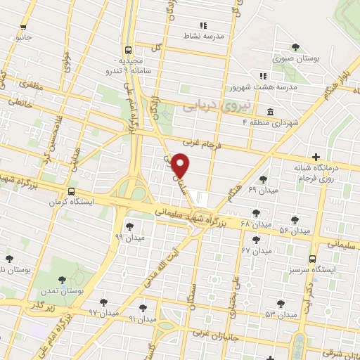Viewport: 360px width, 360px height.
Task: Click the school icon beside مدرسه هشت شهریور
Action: (x=262, y=76)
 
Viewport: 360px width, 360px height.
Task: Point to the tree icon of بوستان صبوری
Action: (x=295, y=48)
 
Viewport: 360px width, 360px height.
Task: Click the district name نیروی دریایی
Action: (x=207, y=105)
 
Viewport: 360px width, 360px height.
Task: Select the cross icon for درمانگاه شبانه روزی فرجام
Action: (x=315, y=157)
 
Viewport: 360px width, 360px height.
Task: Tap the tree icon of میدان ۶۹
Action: (x=263, y=179)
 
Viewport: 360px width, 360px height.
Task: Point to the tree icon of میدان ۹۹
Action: (x=129, y=226)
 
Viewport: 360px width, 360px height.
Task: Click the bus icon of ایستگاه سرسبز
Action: (x=313, y=258)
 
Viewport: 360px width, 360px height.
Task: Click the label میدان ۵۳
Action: (x=259, y=314)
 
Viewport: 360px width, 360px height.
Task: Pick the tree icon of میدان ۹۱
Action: (x=143, y=307)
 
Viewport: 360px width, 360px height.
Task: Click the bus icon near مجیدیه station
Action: (x=127, y=50)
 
